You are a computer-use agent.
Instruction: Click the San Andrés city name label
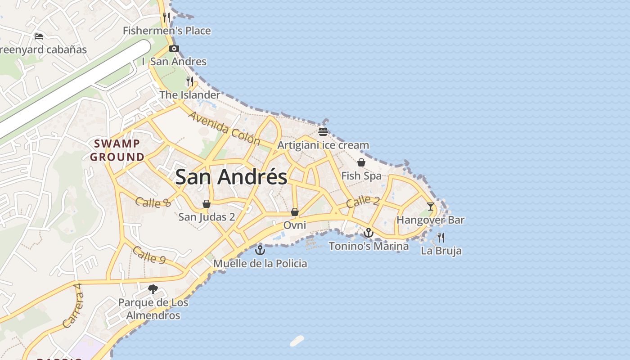[231, 177]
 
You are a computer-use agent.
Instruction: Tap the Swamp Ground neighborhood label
[117, 150]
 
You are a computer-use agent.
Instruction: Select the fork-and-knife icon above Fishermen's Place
[166, 18]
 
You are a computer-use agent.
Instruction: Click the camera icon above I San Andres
[174, 49]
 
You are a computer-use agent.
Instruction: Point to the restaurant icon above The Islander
[190, 81]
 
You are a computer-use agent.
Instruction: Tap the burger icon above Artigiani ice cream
[323, 132]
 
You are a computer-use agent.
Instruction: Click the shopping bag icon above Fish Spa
[361, 162]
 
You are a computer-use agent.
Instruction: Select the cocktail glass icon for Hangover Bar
[431, 207]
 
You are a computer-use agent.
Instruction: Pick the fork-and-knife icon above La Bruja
[441, 237]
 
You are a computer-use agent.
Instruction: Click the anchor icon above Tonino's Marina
[369, 233]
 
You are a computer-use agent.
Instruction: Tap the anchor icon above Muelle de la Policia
[260, 250]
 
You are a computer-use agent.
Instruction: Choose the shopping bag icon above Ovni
[295, 211]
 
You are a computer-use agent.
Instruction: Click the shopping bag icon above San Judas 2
[207, 204]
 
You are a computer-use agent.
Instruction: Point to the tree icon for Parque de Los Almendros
[153, 289]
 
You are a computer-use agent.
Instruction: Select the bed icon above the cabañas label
[39, 36]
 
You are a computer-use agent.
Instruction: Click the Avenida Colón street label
[224, 128]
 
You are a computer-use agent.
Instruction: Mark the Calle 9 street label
[149, 255]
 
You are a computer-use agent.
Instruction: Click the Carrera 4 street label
[73, 305]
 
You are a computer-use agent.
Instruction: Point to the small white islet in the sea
[297, 341]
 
